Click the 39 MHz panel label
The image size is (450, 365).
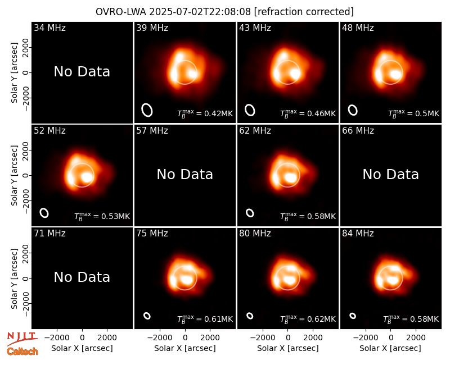click(152, 28)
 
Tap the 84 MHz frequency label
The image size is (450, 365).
click(358, 234)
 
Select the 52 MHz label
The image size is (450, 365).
click(49, 131)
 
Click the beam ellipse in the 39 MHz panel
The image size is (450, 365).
click(147, 110)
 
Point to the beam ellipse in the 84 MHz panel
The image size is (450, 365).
click(353, 316)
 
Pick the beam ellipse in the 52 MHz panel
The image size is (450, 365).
click(44, 213)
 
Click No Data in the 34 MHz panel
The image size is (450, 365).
click(82, 72)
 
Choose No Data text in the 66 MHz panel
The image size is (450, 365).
click(390, 174)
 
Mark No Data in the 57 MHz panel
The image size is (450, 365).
click(185, 174)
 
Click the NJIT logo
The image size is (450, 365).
click(22, 338)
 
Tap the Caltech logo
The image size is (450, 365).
click(22, 352)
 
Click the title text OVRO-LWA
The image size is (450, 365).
click(121, 12)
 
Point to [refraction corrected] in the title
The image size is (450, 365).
click(304, 12)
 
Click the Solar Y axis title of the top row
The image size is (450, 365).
click(15, 73)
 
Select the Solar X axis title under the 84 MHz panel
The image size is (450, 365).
click(390, 348)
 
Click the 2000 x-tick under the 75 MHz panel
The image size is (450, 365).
click(210, 338)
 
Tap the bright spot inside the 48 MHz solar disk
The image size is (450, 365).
click(396, 75)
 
